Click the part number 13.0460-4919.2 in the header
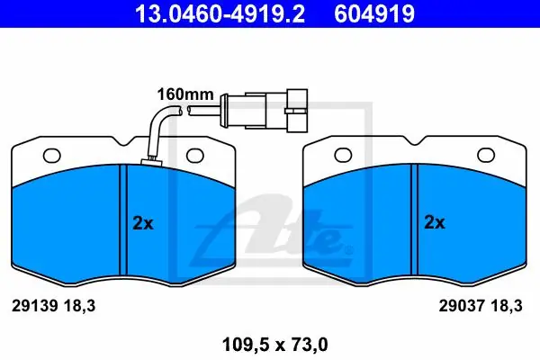[x=220, y=14]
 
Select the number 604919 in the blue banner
[x=374, y=14]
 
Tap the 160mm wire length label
[x=185, y=94]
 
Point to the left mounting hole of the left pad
[x=51, y=156]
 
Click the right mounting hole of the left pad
[x=195, y=156]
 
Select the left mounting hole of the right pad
[x=343, y=155]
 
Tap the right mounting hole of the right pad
[x=486, y=155]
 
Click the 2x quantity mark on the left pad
[x=143, y=223]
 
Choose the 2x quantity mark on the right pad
[x=435, y=222]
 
